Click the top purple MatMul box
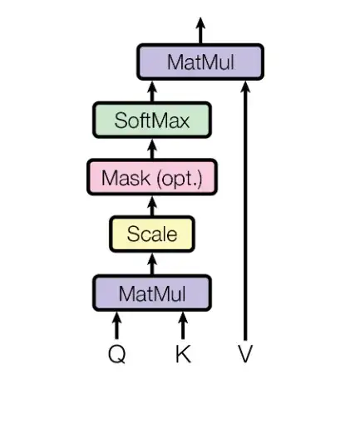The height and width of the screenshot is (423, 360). click(200, 61)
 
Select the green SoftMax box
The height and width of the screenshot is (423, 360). click(151, 120)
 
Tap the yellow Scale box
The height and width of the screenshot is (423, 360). click(151, 234)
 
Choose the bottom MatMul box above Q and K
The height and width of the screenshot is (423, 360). click(151, 293)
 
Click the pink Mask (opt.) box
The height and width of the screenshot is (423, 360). click(151, 177)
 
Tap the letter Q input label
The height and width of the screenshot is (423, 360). click(117, 355)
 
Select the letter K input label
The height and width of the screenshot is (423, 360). click(184, 355)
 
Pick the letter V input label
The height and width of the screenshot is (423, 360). click(244, 355)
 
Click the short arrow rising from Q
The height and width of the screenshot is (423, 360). click(117, 325)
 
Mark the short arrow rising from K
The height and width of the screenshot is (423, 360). click(184, 325)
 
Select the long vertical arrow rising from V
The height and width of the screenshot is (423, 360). click(244, 216)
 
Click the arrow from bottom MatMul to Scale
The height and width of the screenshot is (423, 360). click(151, 263)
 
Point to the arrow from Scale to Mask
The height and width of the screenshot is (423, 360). click(151, 205)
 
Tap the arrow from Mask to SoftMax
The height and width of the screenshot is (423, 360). click(151, 149)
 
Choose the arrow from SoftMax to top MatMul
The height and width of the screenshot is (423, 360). click(151, 91)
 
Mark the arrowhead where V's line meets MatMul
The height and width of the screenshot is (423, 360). click(244, 87)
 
